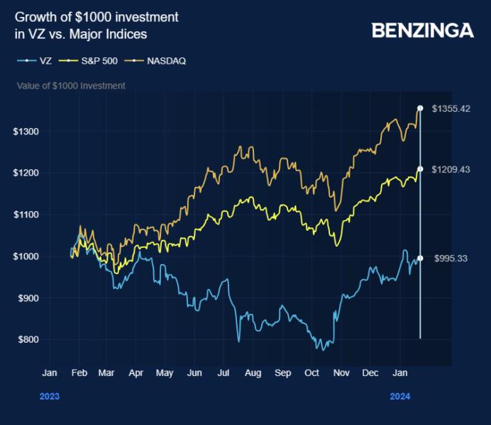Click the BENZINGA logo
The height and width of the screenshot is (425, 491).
423,30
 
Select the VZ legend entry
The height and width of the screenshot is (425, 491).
35,61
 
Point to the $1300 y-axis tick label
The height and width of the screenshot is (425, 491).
25,132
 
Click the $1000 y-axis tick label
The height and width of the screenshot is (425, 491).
25,256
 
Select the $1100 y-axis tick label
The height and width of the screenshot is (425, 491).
25,215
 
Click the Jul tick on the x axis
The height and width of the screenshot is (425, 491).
224,373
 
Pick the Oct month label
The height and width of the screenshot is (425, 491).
311,373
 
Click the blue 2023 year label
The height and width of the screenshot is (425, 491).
49,397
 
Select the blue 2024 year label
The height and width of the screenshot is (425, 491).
400,397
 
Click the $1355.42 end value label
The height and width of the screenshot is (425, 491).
451,108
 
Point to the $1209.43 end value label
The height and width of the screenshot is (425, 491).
451,169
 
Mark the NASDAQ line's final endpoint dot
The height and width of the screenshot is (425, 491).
420,108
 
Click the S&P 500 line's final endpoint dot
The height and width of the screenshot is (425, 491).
420,169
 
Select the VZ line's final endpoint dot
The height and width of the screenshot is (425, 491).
420,259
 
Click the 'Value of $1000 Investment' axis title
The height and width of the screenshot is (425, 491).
71,86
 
